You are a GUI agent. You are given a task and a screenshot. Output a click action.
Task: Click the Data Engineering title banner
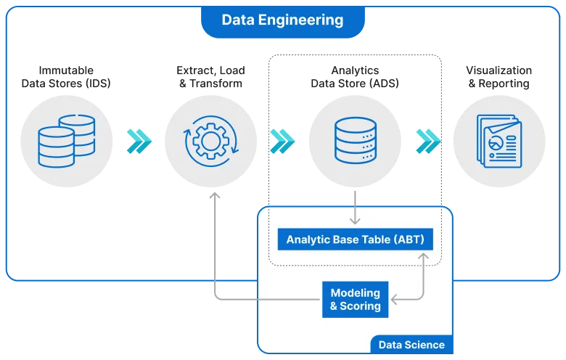point(282,20)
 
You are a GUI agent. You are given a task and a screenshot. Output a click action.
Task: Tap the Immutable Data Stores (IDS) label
point(66,77)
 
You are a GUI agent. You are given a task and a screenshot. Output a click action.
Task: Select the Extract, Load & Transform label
point(210,77)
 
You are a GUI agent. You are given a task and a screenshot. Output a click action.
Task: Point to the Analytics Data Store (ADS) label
point(355,77)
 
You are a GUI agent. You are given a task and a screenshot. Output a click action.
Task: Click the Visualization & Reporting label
point(499,77)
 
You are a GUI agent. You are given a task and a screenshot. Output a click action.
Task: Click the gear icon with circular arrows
point(211,140)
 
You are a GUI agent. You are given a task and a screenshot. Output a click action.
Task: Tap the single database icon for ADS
point(356,140)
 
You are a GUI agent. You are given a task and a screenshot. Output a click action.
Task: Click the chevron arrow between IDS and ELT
point(139,141)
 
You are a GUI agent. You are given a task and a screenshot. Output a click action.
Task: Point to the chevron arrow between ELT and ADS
point(282,141)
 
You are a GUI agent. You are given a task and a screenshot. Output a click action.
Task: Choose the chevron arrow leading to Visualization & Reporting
point(428,141)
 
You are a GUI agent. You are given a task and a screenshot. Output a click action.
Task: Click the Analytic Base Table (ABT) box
point(355,240)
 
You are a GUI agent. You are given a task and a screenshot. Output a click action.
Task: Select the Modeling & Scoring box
point(355,300)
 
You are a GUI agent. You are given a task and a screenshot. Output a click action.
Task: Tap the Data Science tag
point(411,345)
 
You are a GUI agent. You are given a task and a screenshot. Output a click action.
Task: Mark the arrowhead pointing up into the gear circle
point(214,196)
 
